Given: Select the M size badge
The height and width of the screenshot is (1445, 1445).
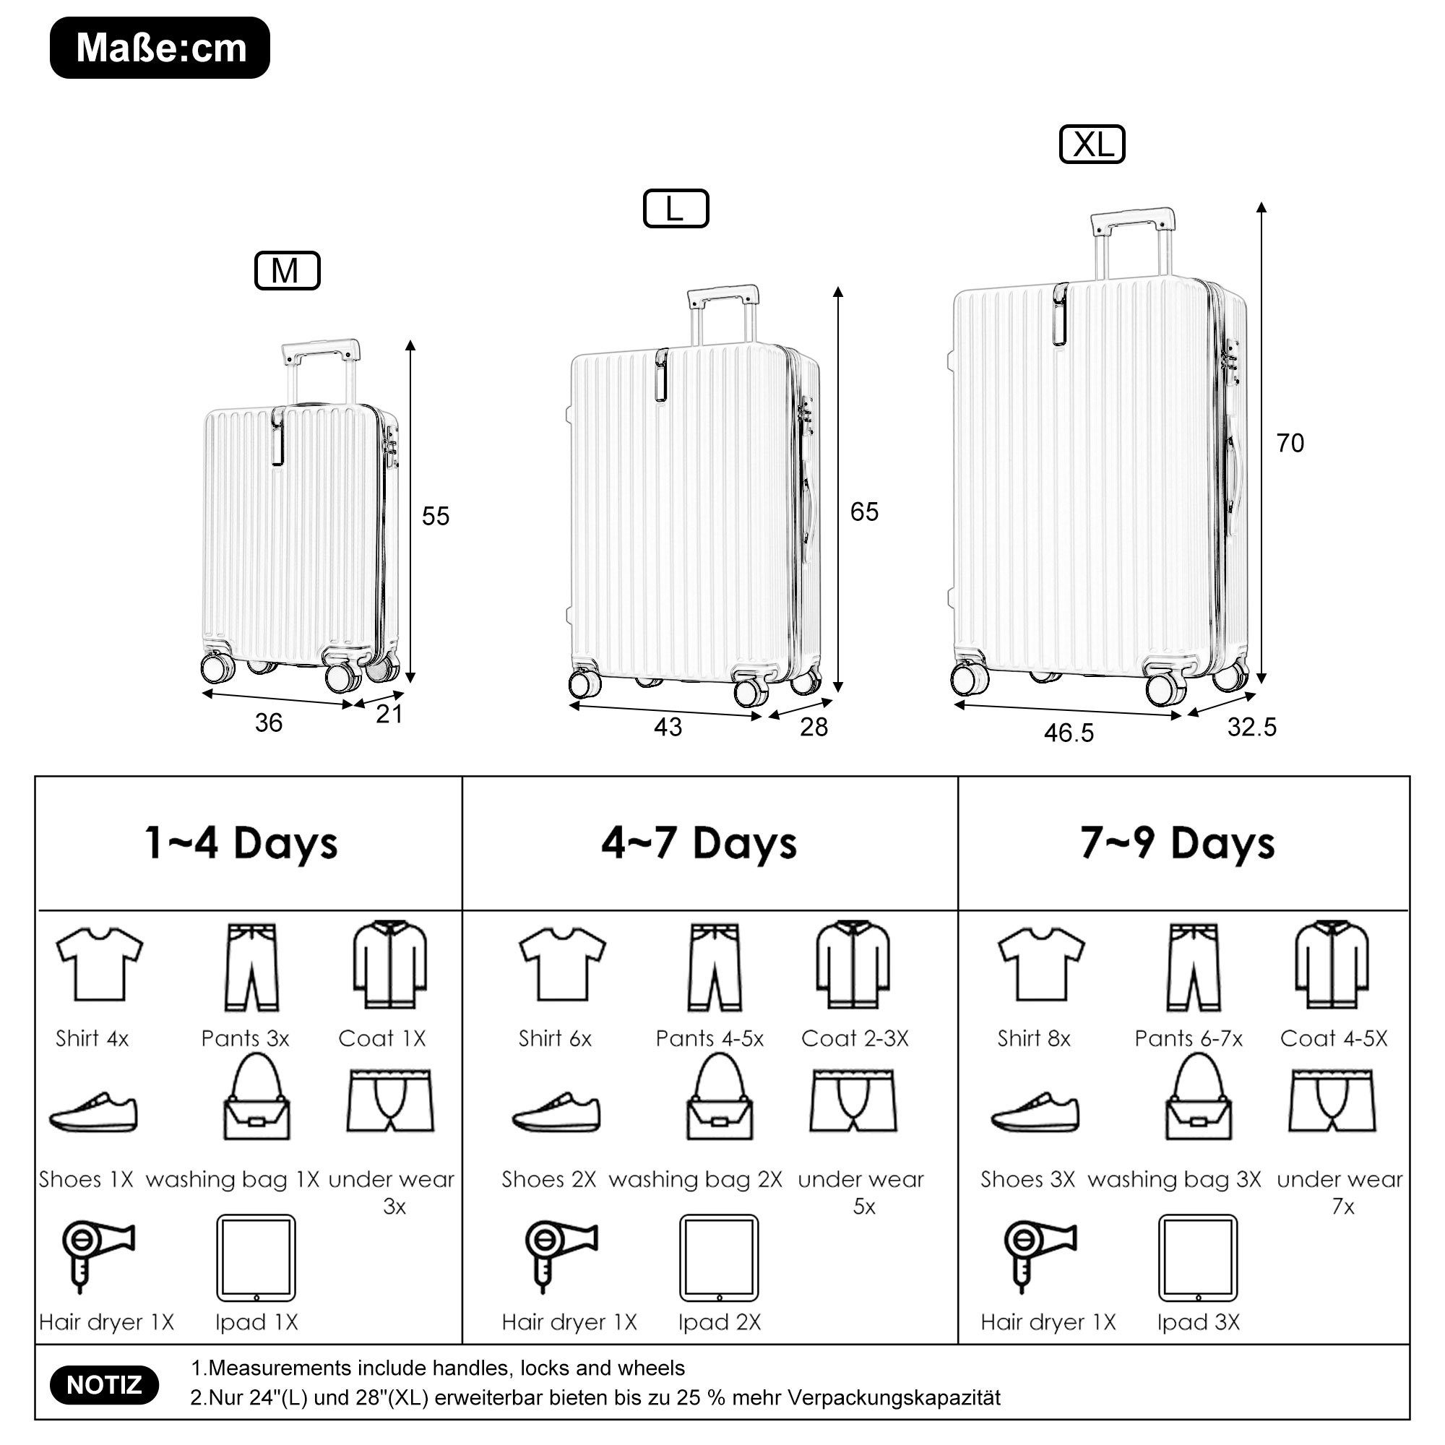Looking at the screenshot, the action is [x=288, y=271].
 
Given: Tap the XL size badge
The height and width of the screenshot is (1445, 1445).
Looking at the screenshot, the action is [x=1092, y=144].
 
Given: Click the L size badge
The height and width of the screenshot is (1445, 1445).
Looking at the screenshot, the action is [x=676, y=209].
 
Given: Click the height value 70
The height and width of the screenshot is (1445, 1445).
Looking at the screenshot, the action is [x=1290, y=444].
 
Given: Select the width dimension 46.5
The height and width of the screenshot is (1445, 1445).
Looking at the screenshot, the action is [x=1069, y=733].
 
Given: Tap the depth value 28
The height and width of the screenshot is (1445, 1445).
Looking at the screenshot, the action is [x=814, y=727].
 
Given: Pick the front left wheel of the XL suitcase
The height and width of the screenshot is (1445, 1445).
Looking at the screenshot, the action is [x=970, y=678].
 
